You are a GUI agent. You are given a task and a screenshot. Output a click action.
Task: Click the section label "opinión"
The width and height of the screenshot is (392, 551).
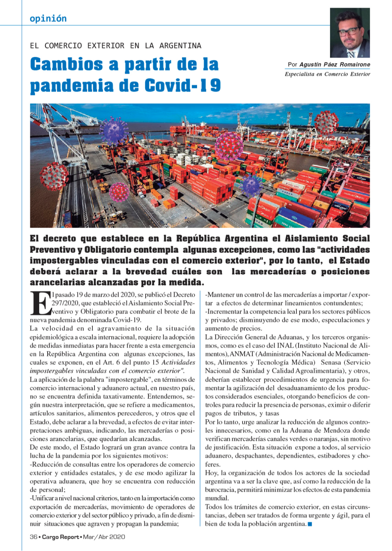48,18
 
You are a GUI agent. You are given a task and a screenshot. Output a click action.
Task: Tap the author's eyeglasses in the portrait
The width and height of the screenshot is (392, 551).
348,31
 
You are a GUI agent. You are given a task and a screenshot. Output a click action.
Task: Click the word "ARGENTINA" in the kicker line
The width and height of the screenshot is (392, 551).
180,46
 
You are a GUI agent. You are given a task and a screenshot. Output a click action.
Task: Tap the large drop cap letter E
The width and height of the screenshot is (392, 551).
40,303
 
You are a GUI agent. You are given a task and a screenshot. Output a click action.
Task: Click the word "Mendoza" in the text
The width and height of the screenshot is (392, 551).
355,430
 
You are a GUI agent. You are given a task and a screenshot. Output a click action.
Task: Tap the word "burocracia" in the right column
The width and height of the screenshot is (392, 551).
220,490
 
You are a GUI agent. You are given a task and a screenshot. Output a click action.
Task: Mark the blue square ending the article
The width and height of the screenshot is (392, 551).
310,524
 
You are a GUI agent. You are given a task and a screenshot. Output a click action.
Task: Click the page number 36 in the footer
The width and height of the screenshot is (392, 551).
33,537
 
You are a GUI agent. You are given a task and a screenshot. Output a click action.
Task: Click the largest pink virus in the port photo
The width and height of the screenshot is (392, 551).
229,146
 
